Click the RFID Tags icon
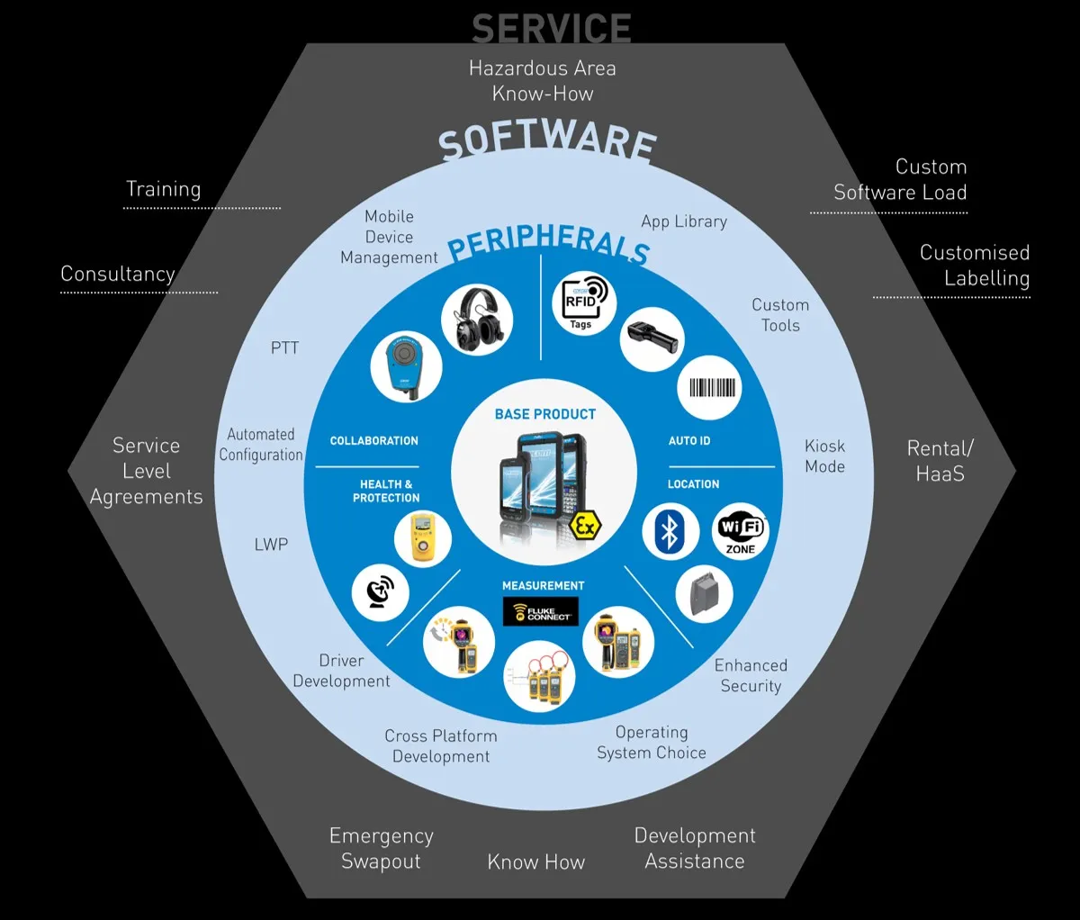[x=583, y=302]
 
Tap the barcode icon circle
[x=709, y=388]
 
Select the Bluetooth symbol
[x=670, y=532]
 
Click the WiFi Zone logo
[x=741, y=531]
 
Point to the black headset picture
[x=477, y=320]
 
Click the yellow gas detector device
[x=422, y=539]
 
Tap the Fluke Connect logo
[x=541, y=611]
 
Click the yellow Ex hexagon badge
[x=585, y=527]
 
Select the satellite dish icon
[x=381, y=592]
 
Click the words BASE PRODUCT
[x=545, y=414]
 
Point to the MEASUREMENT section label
[x=544, y=585]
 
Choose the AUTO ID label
[x=689, y=441]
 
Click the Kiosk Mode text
[x=824, y=456]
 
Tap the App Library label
[x=684, y=221]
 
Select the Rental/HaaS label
[x=940, y=461]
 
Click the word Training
[x=164, y=189]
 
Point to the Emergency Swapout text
[x=381, y=848]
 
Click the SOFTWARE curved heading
[x=547, y=142]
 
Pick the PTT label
[x=284, y=348]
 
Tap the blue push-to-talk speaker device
[x=406, y=368]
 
